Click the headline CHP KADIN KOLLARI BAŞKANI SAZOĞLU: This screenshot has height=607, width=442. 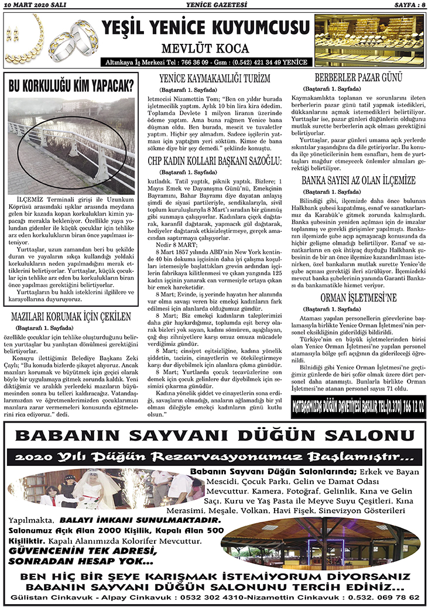tap(215, 144)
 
